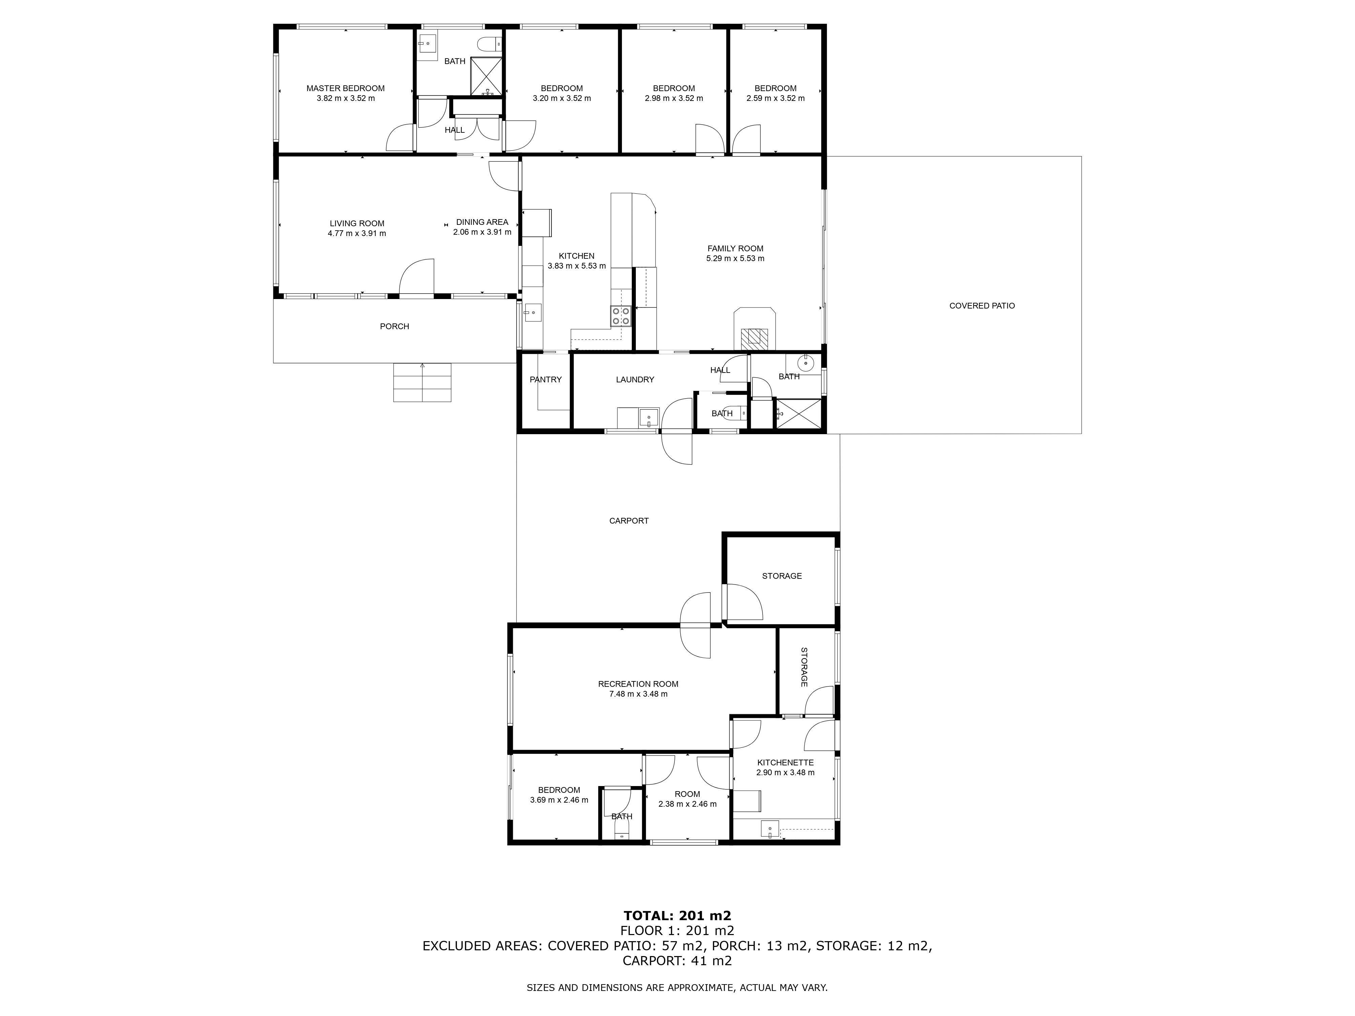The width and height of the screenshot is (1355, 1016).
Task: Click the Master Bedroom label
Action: point(346,88)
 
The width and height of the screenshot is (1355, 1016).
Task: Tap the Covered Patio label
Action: point(982,305)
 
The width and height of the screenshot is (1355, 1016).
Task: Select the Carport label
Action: point(628,521)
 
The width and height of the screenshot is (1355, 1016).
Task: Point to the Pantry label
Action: point(545,380)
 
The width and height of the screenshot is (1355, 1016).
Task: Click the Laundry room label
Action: point(634,380)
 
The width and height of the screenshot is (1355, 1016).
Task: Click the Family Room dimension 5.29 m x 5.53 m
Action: point(735,258)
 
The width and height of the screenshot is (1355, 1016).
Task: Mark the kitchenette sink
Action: point(770,829)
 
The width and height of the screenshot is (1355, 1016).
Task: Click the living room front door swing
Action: point(417,277)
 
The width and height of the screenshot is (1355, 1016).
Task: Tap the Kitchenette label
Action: point(785,762)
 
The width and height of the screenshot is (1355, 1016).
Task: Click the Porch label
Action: point(395,326)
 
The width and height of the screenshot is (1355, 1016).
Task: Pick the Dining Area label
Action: point(482,222)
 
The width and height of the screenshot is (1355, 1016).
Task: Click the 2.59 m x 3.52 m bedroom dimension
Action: point(775,98)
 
